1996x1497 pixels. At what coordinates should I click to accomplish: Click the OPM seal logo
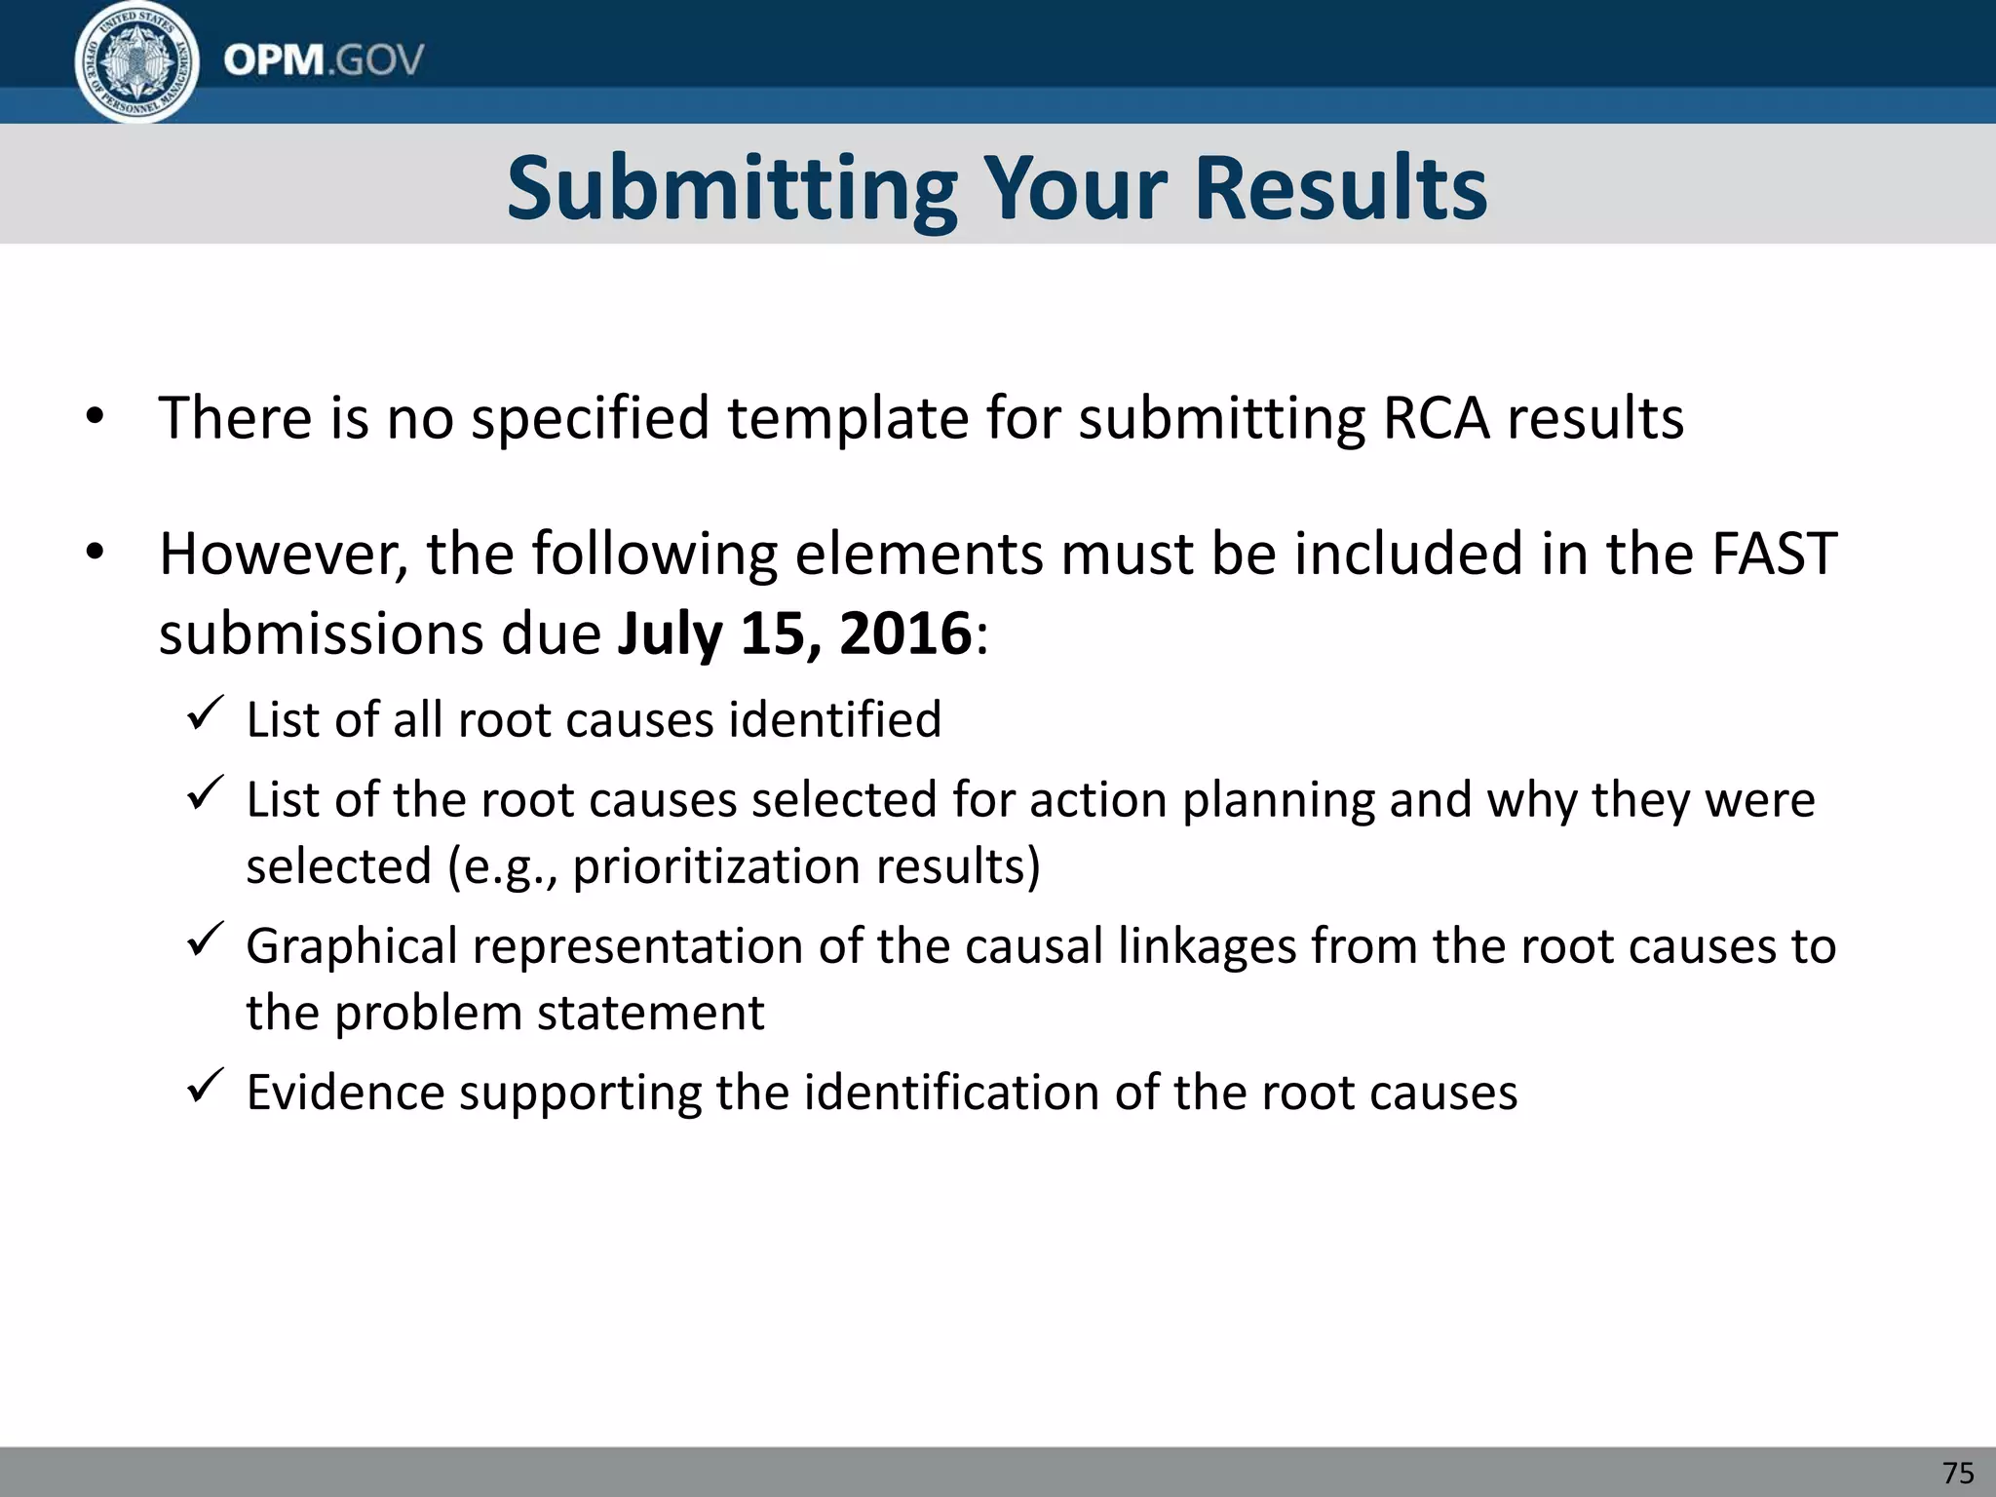pos(137,62)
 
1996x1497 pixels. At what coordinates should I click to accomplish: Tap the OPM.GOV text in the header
pos(324,60)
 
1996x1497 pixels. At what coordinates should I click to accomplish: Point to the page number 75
pos(1958,1472)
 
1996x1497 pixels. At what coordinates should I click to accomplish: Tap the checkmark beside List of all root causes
pos(205,714)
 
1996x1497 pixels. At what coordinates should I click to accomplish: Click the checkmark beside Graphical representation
pos(205,940)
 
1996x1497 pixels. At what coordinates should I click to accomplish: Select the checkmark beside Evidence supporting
pos(205,1086)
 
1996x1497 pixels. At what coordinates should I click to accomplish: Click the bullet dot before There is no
pos(94,418)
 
